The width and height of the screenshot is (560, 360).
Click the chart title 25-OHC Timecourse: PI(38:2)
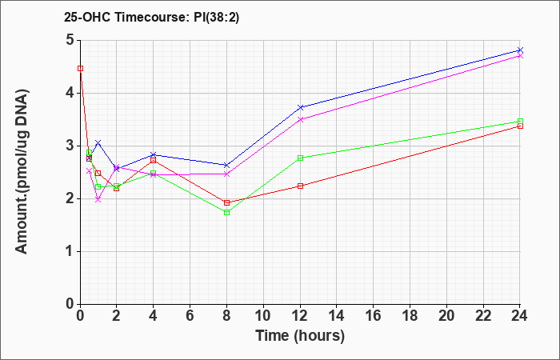[x=151, y=17]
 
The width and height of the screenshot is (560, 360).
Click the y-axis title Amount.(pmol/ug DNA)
[x=22, y=172]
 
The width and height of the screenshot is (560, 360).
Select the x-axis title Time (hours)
[x=300, y=336]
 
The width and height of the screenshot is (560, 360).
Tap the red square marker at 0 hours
[x=80, y=69]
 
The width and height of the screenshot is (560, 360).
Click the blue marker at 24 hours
[x=520, y=50]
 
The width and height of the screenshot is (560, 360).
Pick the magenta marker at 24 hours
[x=520, y=56]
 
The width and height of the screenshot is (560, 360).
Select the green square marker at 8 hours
[x=226, y=213]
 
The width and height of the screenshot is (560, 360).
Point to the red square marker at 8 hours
[x=226, y=203]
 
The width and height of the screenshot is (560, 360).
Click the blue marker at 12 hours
[x=300, y=107]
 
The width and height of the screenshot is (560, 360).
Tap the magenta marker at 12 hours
[x=300, y=119]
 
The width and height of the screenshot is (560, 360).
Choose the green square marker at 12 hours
[x=300, y=158]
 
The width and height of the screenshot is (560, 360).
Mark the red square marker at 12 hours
[x=300, y=186]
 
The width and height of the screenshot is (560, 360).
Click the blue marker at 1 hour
[x=98, y=143]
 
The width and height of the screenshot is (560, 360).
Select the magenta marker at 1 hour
[x=98, y=200]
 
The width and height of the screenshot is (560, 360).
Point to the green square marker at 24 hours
[x=520, y=121]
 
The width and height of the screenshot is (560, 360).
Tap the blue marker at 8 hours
[x=226, y=165]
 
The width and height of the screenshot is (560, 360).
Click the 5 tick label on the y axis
[x=70, y=40]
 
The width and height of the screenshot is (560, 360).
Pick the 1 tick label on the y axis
[x=70, y=251]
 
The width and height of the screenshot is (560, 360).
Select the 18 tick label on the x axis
[x=410, y=316]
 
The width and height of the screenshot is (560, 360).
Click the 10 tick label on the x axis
[x=263, y=316]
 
